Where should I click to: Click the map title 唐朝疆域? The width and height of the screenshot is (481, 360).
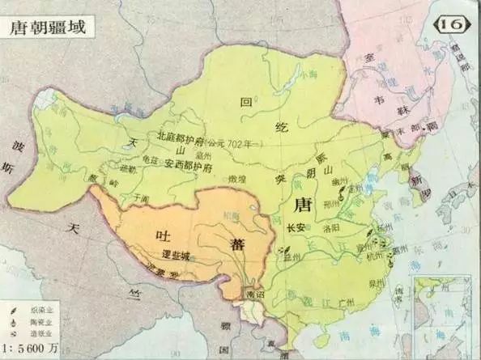47,25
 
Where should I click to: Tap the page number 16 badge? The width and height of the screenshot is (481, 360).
452,24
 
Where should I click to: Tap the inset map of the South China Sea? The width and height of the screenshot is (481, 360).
443,312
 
